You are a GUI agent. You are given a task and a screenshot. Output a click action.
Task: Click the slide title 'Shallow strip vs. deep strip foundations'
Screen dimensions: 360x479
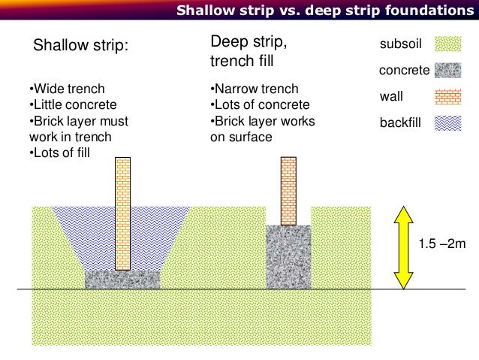tap(320, 11)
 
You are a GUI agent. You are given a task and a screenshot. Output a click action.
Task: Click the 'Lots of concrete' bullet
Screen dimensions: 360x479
tap(260, 104)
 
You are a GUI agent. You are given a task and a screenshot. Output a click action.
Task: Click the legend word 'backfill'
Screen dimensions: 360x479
tap(401, 123)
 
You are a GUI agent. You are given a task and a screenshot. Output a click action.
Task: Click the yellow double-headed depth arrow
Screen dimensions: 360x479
tap(404, 247)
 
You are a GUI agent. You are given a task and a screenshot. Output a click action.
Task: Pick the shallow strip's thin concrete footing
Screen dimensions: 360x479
tap(122, 279)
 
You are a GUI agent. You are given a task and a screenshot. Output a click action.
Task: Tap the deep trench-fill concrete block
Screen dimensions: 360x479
tap(288, 256)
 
